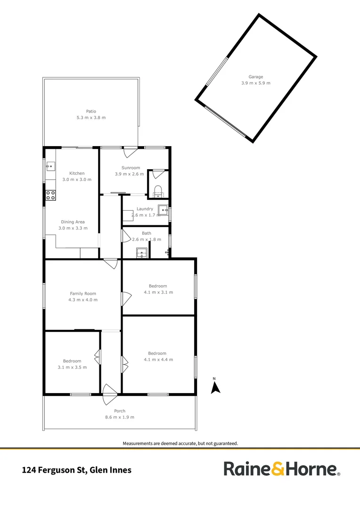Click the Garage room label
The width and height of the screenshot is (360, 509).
[256, 77]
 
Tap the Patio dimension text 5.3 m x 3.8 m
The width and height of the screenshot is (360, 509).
[91, 117]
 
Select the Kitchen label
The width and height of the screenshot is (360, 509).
[77, 173]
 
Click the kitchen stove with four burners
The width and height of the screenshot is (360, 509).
[50, 195]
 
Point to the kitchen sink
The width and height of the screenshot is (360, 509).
[50, 166]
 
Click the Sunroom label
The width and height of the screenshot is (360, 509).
[131, 168]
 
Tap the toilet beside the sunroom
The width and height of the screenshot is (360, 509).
[158, 191]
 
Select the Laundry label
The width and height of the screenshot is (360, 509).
[145, 209]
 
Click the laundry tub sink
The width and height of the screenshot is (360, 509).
[163, 210]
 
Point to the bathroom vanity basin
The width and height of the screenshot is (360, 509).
[141, 253]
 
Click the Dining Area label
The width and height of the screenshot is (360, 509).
[73, 222]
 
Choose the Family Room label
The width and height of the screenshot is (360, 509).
[83, 294]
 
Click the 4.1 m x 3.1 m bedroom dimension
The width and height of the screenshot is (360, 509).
[158, 292]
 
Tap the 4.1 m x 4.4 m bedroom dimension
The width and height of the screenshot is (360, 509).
[158, 359]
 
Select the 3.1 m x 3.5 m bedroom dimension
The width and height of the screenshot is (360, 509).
[73, 367]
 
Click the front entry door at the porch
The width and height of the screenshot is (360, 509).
[110, 394]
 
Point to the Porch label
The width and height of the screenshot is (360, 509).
[120, 411]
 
